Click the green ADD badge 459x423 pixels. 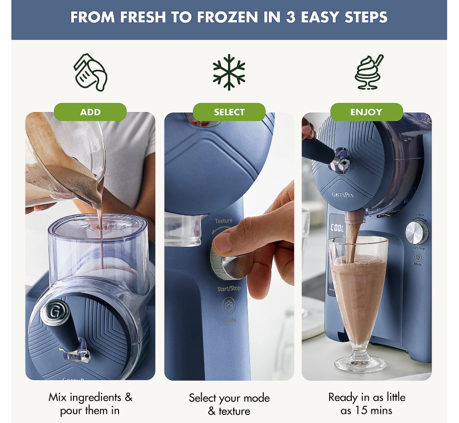[90, 112]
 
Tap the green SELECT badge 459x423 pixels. [229, 112]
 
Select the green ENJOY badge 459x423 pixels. [366, 112]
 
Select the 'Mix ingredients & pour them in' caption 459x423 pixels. [90, 404]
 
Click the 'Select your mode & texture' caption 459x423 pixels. [229, 404]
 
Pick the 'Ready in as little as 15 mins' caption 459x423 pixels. [367, 404]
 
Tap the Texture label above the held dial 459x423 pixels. [224, 221]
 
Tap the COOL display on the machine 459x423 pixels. [337, 228]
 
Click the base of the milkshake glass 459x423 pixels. [360, 365]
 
